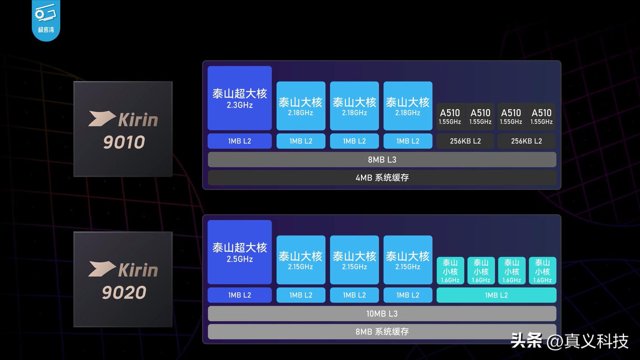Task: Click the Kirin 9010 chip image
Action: click(x=123, y=129)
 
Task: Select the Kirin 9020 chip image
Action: click(x=123, y=279)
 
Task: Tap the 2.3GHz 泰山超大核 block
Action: click(x=239, y=98)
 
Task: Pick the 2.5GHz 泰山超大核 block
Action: click(x=239, y=252)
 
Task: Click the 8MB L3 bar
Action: click(x=382, y=159)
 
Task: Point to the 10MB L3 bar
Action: click(x=382, y=314)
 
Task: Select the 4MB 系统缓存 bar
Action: click(x=382, y=178)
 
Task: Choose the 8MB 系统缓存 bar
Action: click(x=382, y=332)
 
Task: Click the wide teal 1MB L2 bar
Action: click(x=496, y=295)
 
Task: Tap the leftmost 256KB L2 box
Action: click(x=465, y=141)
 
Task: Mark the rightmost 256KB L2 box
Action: click(x=526, y=141)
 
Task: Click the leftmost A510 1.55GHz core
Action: click(x=450, y=117)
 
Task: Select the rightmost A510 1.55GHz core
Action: click(x=542, y=117)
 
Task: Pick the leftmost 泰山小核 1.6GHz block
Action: click(x=450, y=271)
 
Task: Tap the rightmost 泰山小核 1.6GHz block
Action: click(x=542, y=271)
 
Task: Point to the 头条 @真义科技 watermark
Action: click(x=569, y=341)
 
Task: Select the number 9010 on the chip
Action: click(x=124, y=142)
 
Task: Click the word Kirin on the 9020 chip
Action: click(x=138, y=270)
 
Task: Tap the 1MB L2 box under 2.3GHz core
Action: click(x=239, y=141)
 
